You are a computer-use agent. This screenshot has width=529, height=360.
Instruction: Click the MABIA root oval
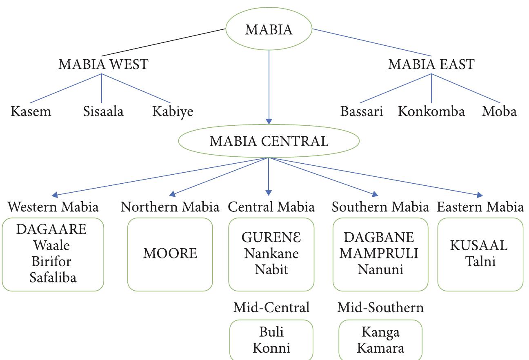click(269, 30)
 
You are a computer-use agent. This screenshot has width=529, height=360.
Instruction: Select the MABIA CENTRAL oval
click(269, 141)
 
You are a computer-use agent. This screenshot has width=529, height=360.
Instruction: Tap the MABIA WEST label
click(103, 64)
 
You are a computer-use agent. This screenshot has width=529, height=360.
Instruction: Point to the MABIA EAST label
click(431, 64)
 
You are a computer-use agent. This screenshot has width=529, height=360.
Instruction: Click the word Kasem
click(31, 111)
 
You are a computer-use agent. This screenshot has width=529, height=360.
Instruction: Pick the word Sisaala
click(103, 111)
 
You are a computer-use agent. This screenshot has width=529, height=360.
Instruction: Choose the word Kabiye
click(173, 111)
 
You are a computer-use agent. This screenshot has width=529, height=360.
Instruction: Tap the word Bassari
click(362, 111)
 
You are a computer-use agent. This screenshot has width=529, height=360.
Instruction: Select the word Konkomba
click(431, 111)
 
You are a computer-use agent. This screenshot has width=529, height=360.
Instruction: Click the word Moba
click(499, 111)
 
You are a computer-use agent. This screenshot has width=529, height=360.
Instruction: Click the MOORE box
click(170, 253)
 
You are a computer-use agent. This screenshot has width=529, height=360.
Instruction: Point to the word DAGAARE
click(51, 229)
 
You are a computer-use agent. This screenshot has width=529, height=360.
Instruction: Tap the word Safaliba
click(53, 278)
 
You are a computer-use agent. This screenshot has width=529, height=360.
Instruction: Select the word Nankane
click(271, 253)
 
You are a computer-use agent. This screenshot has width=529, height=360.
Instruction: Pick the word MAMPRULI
click(379, 253)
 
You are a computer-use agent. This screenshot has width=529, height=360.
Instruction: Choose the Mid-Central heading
click(271, 307)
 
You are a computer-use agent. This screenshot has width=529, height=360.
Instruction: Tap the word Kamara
click(380, 348)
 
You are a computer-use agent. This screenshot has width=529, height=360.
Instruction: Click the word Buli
click(271, 332)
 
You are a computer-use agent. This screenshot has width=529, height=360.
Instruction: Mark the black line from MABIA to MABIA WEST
click(163, 42)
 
